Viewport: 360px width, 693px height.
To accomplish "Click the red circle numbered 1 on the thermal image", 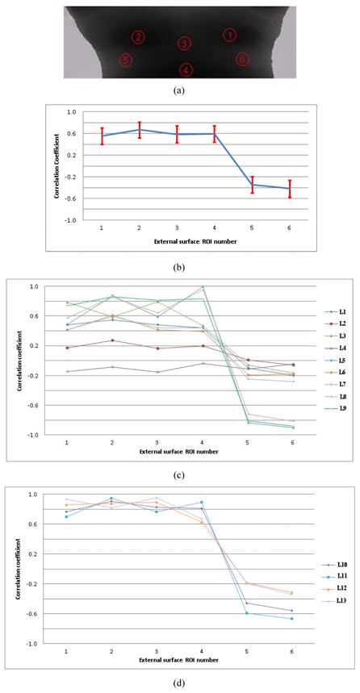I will click(230, 35).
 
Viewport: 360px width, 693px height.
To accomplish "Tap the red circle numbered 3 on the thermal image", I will click(184, 43).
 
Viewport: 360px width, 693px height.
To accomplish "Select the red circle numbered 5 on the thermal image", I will click(125, 60).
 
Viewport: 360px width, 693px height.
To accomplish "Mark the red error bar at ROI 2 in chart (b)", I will click(140, 130).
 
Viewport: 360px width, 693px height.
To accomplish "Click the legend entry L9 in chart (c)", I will click(333, 408).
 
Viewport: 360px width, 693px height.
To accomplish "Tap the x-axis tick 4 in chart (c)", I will click(203, 442).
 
